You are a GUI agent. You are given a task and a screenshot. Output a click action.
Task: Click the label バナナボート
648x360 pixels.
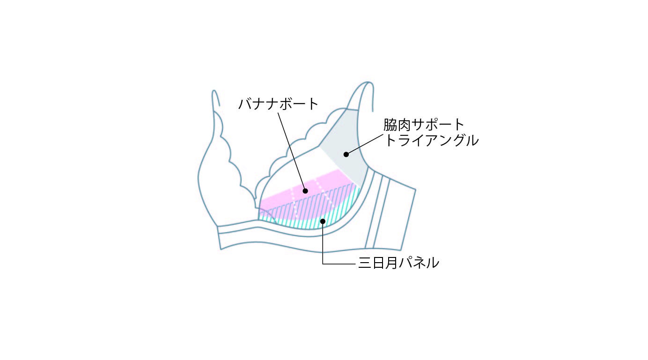tap(278, 103)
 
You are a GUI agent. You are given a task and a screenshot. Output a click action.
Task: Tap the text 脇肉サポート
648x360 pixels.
tap(424, 125)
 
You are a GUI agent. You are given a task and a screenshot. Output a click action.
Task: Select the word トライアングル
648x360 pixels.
tap(431, 140)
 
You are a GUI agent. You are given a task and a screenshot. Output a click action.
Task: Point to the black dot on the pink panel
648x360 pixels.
tap(305, 191)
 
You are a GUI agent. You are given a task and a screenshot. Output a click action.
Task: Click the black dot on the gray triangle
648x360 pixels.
tap(346, 154)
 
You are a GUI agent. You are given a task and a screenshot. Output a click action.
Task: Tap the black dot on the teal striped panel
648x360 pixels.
tap(322, 221)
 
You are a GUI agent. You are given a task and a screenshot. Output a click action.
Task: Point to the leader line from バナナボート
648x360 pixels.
tap(291, 150)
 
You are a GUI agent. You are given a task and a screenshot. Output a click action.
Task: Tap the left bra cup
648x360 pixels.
tap(215, 178)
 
